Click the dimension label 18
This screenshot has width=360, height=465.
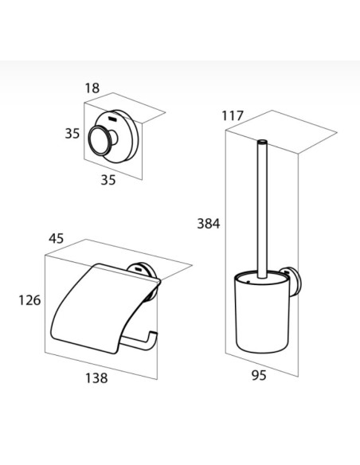coord(92,88)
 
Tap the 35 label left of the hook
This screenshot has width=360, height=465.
coord(72,134)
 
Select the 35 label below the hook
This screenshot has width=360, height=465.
coord(108,180)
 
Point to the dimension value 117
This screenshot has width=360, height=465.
coord(233,115)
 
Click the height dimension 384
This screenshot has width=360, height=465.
coord(209,223)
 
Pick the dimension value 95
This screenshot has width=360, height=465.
coord(259,376)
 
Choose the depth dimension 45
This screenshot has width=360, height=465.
coord(57,238)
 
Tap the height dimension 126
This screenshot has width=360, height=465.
coord(29,300)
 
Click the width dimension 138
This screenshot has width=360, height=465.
coord(96,378)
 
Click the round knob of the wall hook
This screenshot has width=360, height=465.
coord(99,140)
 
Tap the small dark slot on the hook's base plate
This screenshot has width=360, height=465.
coord(113,119)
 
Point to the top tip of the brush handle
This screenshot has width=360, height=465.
coord(262,142)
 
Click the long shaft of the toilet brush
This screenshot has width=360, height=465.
coord(262,209)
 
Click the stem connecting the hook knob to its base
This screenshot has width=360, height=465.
coord(114,139)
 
